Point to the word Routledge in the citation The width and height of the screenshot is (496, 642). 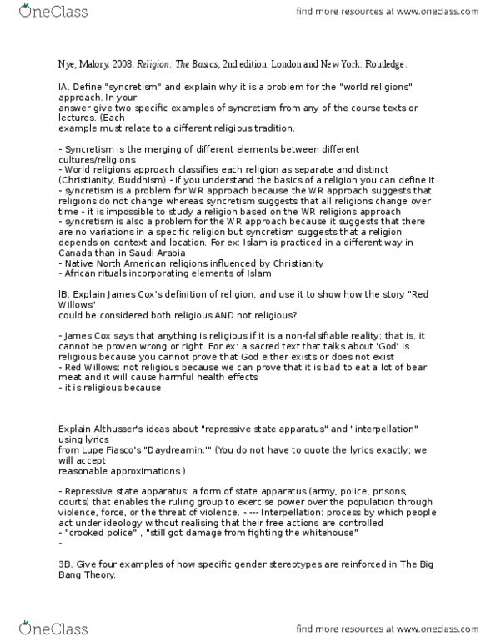(383, 63)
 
